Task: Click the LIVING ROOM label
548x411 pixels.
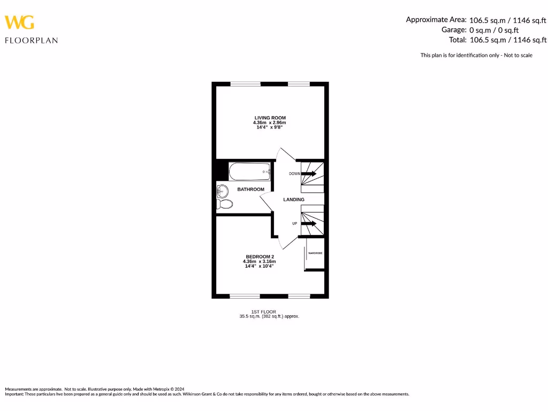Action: (270, 118)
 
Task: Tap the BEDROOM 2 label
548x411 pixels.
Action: (260, 257)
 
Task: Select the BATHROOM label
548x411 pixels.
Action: (251, 189)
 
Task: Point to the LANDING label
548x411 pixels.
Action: (294, 200)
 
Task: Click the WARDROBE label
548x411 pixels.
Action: (315, 253)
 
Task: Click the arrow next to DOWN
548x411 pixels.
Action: (309, 173)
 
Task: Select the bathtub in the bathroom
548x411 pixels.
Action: (250, 172)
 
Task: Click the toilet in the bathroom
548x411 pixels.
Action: (225, 204)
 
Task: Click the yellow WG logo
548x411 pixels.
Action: (20, 22)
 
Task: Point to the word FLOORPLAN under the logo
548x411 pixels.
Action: (31, 40)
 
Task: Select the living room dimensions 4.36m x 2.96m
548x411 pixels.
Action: (270, 123)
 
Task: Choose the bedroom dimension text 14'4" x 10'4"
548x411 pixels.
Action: (260, 266)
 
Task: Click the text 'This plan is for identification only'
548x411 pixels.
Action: (461, 55)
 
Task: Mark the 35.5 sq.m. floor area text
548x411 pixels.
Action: (269, 316)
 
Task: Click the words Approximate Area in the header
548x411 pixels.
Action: (436, 20)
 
